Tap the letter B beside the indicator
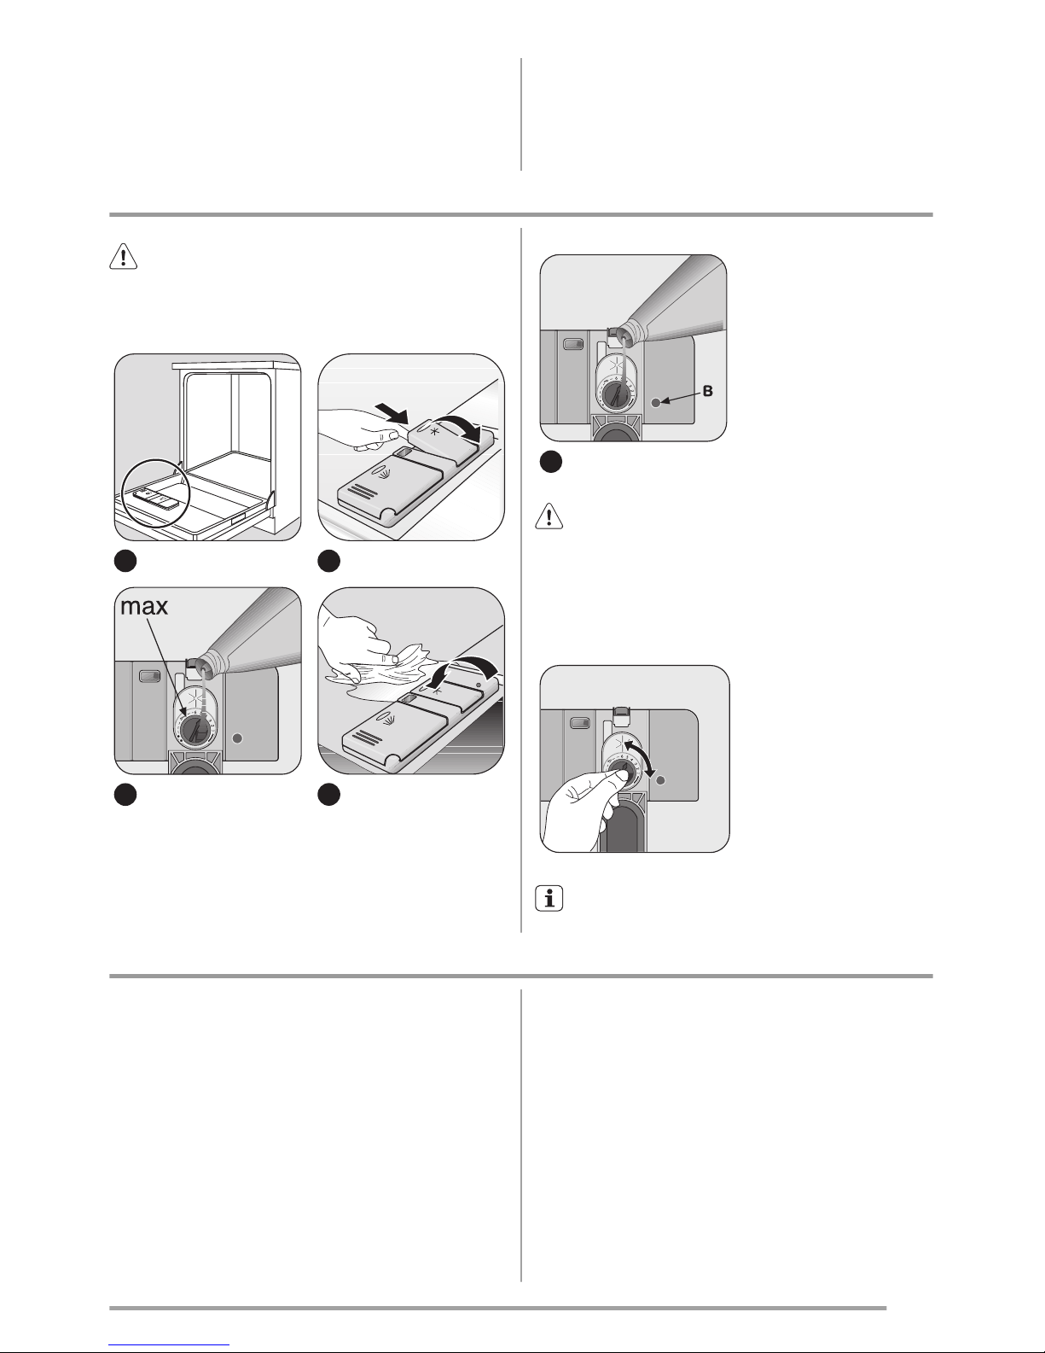tap(707, 393)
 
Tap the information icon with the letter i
tap(550, 899)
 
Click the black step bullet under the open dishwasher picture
tap(125, 561)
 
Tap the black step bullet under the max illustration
tap(125, 795)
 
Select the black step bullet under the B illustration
tap(550, 462)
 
